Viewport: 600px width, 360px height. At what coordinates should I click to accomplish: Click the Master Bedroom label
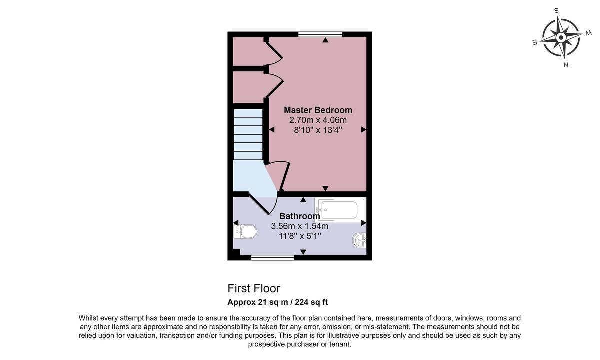tap(318, 110)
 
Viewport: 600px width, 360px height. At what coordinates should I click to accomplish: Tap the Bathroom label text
tap(299, 216)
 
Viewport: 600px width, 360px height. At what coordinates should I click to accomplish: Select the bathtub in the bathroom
tap(340, 210)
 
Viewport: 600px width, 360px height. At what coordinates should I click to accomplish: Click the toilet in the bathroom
tap(245, 232)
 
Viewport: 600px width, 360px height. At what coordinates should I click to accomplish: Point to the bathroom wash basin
tap(359, 240)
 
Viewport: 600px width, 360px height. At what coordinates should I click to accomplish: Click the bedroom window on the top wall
tap(320, 34)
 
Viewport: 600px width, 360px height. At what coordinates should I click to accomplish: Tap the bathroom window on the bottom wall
tap(272, 257)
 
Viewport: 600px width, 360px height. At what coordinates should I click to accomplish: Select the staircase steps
tap(248, 134)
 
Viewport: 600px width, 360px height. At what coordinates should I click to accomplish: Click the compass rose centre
tap(561, 38)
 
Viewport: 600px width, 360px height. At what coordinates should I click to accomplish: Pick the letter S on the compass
tap(556, 11)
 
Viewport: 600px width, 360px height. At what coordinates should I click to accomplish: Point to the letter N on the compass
tap(566, 65)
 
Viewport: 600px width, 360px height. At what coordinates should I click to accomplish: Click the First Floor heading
tap(254, 289)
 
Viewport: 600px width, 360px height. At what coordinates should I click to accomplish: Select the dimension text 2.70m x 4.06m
tap(318, 120)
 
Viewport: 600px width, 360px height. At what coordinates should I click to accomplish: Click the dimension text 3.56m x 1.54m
tap(299, 226)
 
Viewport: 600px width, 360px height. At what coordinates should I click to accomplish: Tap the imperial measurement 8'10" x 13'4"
tap(318, 130)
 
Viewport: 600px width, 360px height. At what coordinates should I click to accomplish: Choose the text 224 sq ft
tap(311, 302)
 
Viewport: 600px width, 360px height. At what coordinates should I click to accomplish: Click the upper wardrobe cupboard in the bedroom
tap(248, 51)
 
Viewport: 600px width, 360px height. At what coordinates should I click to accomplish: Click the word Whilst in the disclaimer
tap(88, 318)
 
